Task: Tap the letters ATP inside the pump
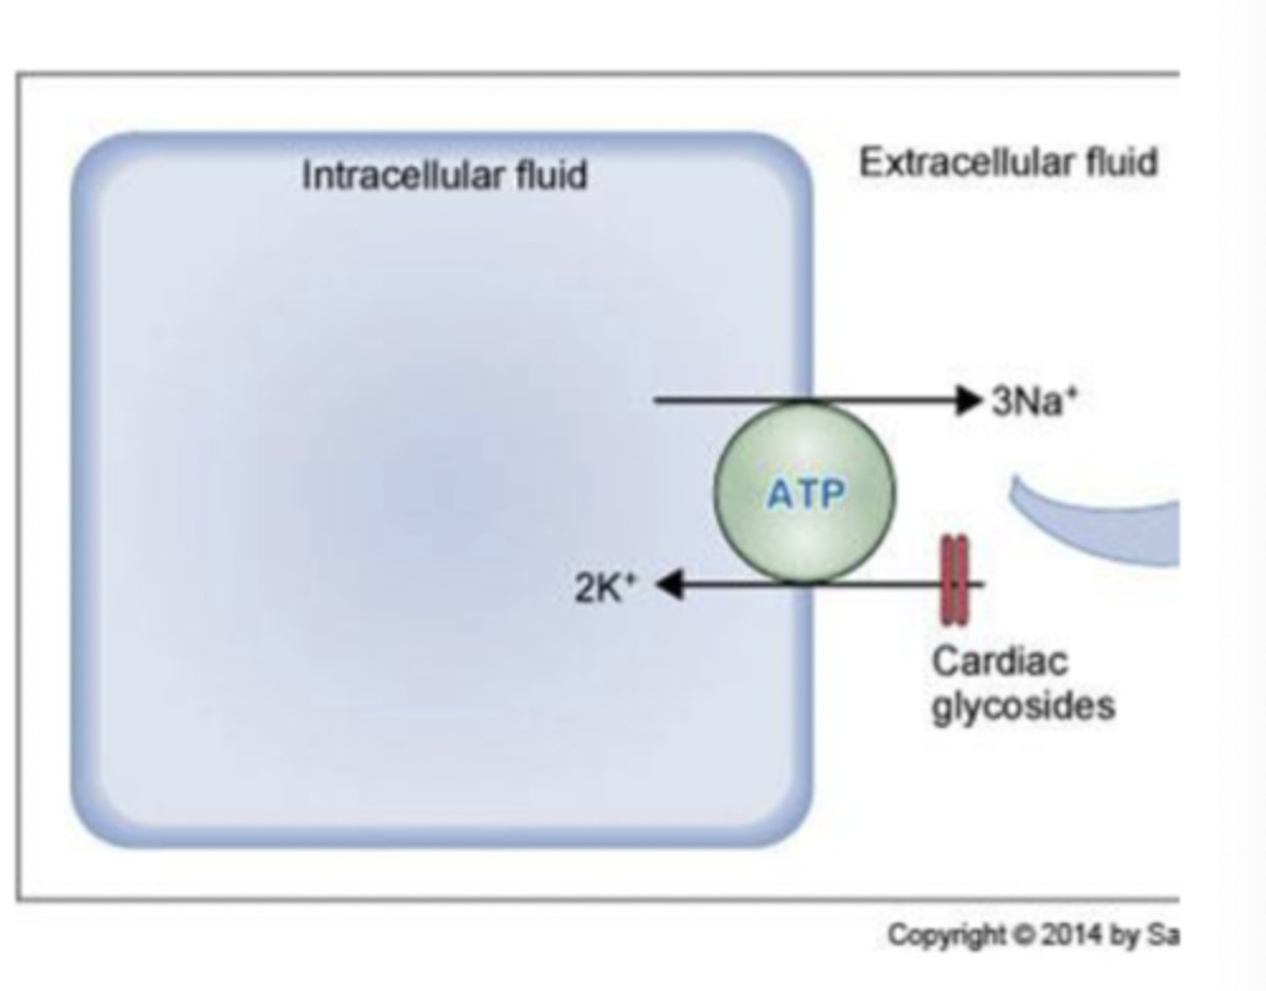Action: click(805, 495)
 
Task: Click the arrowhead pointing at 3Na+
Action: click(968, 401)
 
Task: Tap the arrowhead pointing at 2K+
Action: click(671, 583)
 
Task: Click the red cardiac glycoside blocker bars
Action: click(954, 581)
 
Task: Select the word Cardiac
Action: click(1000, 661)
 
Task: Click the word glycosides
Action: click(1022, 705)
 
